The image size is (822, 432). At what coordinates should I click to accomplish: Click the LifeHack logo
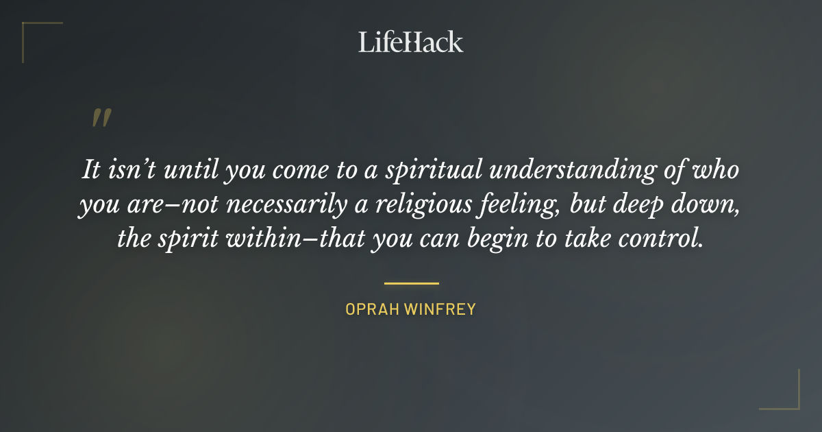[x=410, y=42]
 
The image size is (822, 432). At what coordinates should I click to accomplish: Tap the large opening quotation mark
[x=101, y=118]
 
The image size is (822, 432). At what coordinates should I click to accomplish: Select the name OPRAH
[x=372, y=309]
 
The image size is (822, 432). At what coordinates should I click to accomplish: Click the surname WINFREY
[x=441, y=309]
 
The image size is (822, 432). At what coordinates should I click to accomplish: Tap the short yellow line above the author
[x=411, y=283]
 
